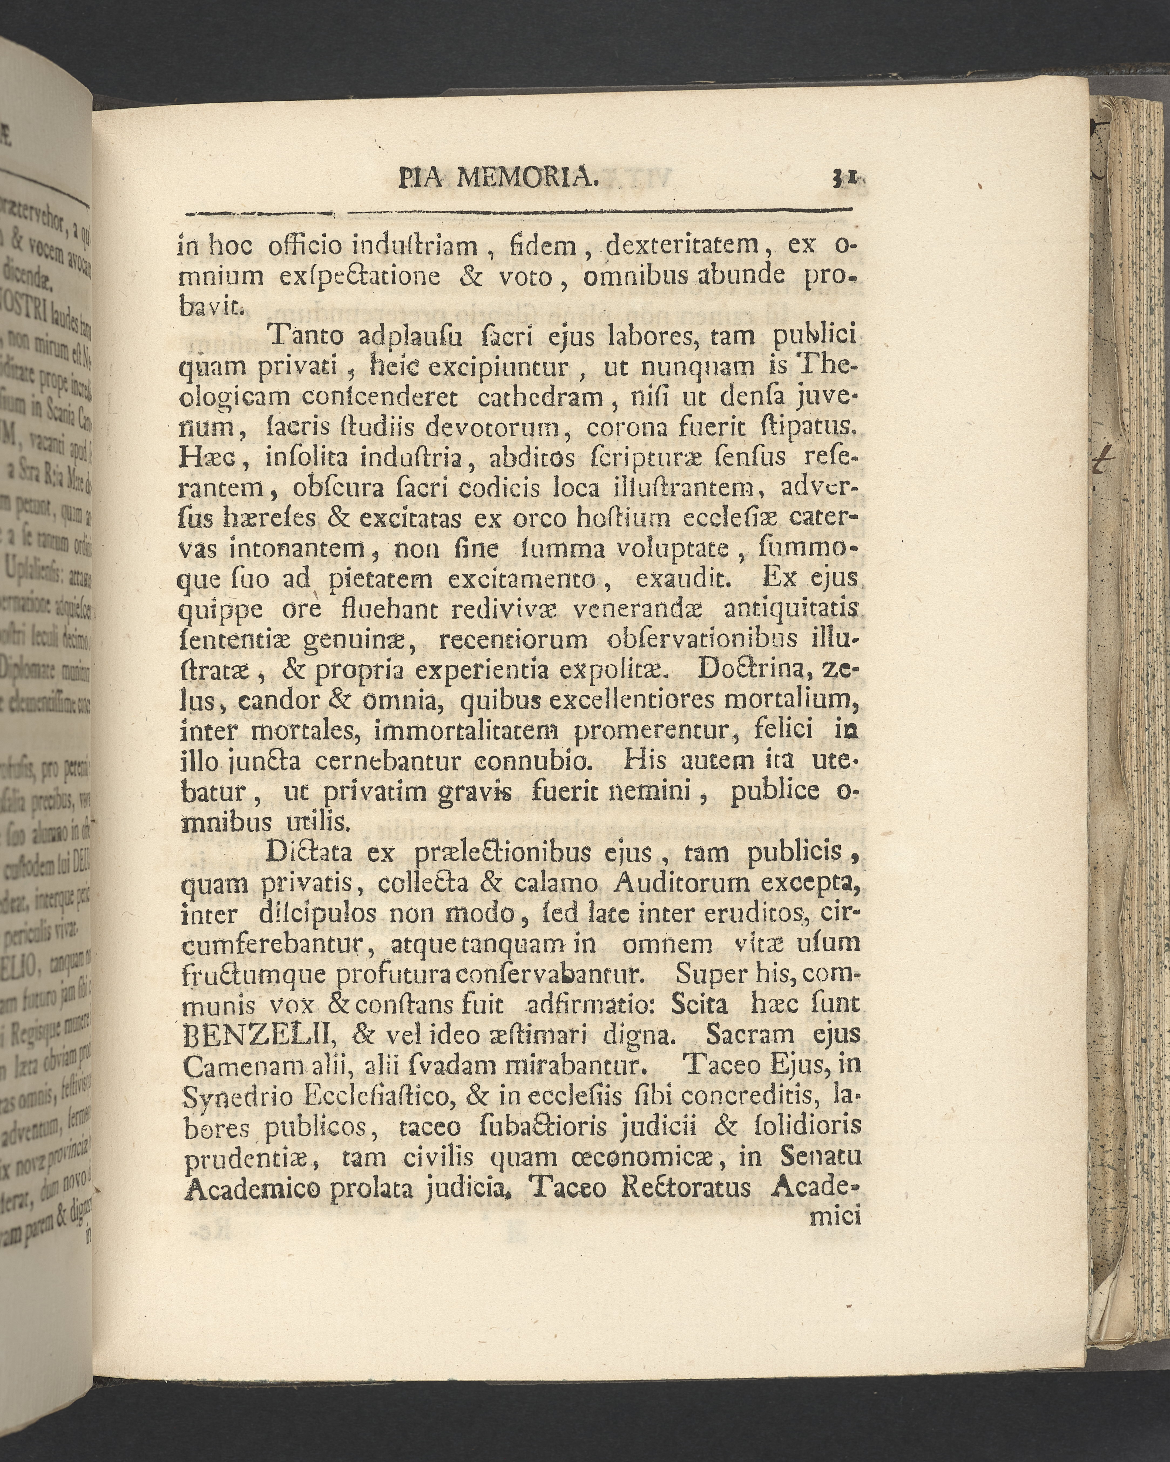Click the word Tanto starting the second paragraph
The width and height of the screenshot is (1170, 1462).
[x=307, y=336]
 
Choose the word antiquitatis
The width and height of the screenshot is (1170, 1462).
[x=791, y=609]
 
